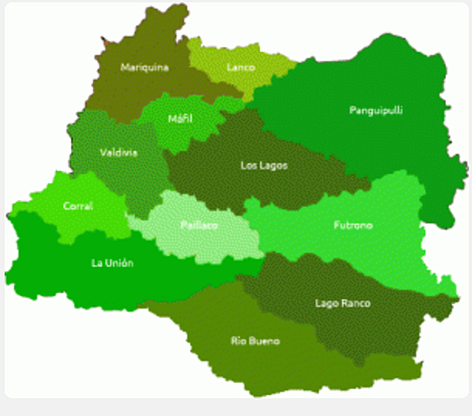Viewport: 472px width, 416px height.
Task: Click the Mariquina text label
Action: (x=144, y=67)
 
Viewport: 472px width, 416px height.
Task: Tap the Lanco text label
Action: (x=240, y=67)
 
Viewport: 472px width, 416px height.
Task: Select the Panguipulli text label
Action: (x=376, y=110)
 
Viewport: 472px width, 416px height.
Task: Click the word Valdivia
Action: (x=118, y=153)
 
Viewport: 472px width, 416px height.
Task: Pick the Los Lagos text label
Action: (x=264, y=165)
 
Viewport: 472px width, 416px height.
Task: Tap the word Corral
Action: (x=78, y=206)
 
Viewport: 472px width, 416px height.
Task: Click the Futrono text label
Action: (x=352, y=225)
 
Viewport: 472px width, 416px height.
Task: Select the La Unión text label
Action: (x=113, y=263)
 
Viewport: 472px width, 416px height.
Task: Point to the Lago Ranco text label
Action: (x=343, y=303)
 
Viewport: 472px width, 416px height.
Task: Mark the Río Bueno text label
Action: (x=254, y=341)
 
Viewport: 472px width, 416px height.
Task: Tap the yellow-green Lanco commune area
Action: (x=221, y=82)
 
